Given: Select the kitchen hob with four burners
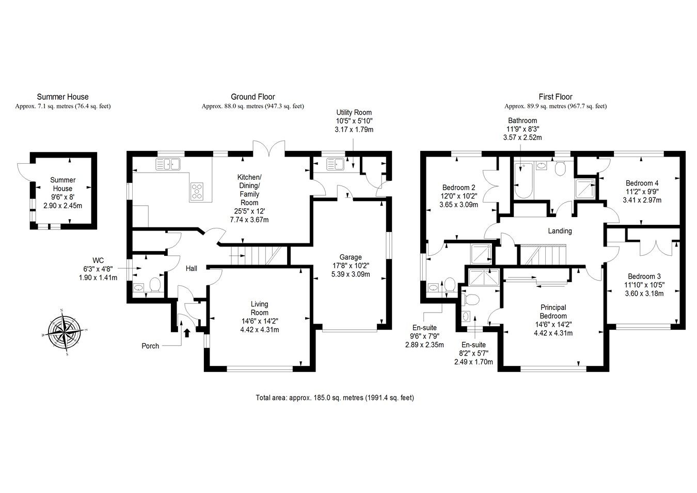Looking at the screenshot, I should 197,191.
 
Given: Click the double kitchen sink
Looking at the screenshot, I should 167,164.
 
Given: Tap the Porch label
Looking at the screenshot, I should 150,346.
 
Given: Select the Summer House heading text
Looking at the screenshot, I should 62,97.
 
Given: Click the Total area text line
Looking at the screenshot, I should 335,398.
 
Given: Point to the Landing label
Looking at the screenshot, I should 560,231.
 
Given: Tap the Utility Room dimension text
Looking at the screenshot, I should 354,125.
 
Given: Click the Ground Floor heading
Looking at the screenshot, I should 252,97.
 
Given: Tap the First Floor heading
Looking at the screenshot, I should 556,97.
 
